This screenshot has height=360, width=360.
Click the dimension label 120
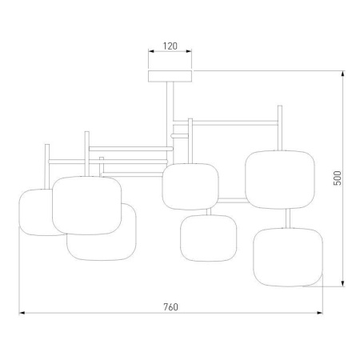point(170,46)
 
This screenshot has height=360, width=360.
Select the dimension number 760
point(170,307)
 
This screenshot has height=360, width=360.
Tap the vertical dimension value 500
point(338,178)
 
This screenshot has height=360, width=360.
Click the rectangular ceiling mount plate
point(170,76)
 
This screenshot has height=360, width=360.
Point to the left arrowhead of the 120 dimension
point(151,51)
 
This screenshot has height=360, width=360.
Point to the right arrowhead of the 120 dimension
point(189,51)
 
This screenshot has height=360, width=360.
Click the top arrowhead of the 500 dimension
point(343,74)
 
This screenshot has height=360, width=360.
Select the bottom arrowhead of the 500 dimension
point(343,284)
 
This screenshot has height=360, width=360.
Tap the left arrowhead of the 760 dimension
point(22,313)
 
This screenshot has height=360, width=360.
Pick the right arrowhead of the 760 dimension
point(319,313)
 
